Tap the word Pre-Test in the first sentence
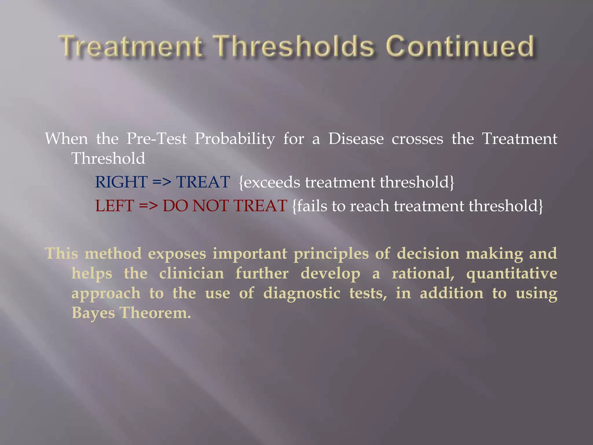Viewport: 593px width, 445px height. pos(156,139)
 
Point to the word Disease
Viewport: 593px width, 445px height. pos(356,139)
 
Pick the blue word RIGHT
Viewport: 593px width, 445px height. pos(121,182)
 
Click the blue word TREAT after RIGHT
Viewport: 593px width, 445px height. pos(203,182)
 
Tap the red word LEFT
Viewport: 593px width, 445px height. pos(115,206)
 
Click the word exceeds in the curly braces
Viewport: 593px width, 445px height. pos(272,183)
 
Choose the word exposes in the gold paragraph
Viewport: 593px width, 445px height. pos(177,254)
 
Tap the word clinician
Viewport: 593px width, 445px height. pos(191,273)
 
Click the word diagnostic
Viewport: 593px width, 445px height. pos(301,293)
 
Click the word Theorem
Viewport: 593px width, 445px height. pos(155,313)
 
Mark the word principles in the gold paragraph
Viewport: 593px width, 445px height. pos(331,254)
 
